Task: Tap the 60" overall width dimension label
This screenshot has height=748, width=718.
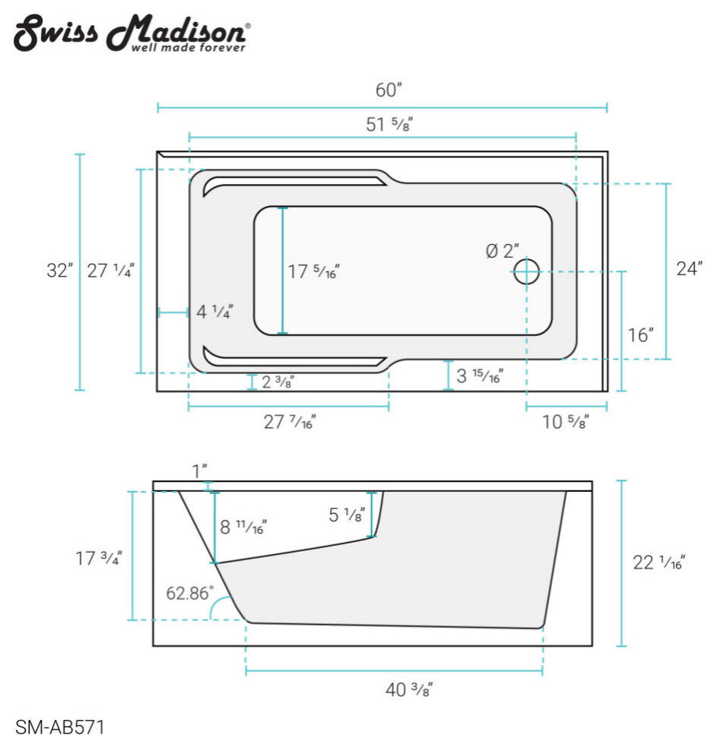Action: click(388, 90)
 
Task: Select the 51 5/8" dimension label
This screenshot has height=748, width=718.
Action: click(389, 125)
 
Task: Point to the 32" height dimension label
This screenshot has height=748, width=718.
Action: click(59, 271)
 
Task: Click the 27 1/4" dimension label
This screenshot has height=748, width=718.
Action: click(110, 271)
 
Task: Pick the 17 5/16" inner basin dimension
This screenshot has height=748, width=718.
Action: click(313, 271)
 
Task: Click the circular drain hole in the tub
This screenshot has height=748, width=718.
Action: click(526, 271)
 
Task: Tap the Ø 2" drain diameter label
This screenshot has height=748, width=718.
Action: click(502, 251)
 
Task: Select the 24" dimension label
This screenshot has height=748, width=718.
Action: click(688, 268)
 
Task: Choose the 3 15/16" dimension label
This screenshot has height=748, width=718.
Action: click(479, 376)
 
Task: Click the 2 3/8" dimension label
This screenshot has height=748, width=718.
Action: click(277, 382)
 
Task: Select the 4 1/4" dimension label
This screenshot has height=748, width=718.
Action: click(214, 312)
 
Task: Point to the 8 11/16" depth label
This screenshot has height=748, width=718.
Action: click(243, 526)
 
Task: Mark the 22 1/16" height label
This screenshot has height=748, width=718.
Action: click(659, 563)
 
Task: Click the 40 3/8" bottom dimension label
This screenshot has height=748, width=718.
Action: click(409, 690)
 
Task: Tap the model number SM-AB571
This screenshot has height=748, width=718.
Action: click(59, 727)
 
